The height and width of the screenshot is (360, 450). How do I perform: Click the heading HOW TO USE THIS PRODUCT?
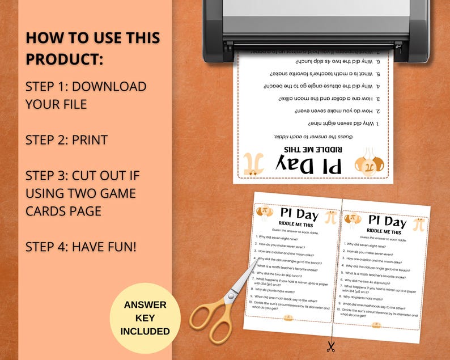(x=92, y=48)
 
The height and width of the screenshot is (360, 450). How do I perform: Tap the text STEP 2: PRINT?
(x=66, y=139)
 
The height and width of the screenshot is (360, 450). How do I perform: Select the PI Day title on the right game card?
(x=387, y=221)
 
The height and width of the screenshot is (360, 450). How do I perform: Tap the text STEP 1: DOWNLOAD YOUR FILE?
(x=86, y=95)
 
